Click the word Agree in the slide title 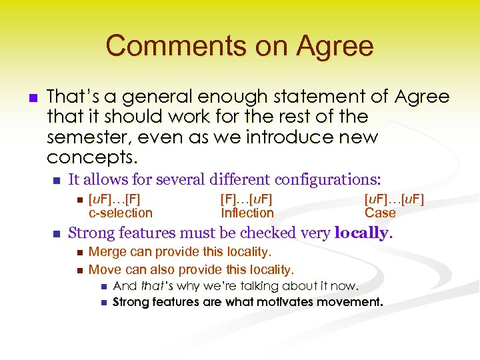(336, 46)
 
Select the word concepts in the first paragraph (91, 157)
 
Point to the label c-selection (121, 213)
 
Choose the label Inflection (247, 213)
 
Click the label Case (380, 213)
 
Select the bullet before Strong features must (57, 234)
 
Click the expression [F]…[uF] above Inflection (246, 199)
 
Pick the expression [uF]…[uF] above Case (394, 199)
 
